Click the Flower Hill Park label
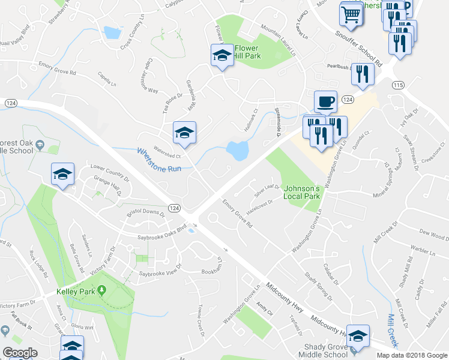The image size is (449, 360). (x=248, y=52)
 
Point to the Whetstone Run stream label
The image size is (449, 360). (x=158, y=160)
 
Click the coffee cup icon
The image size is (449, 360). (x=325, y=101)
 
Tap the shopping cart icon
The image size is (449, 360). (x=352, y=13)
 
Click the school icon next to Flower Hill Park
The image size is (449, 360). (x=221, y=56)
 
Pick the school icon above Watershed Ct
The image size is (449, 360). (x=184, y=133)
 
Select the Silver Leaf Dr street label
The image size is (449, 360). (x=267, y=191)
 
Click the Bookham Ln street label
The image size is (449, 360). (x=220, y=266)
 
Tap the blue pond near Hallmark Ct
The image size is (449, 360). (x=238, y=150)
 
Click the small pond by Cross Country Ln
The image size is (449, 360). (x=111, y=32)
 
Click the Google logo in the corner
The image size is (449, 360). (x=20, y=353)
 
